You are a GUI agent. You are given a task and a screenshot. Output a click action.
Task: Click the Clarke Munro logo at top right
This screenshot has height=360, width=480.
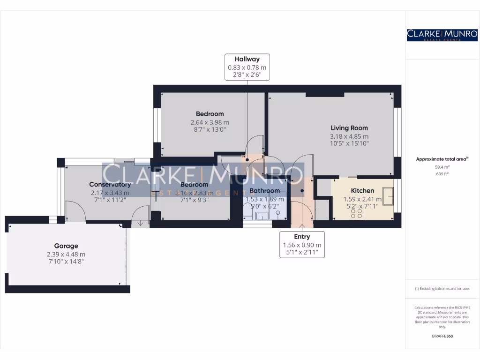442,34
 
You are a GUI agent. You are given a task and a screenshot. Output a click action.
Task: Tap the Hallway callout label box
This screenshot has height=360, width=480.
247,67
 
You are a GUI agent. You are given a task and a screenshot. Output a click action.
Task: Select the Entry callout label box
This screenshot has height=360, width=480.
302,244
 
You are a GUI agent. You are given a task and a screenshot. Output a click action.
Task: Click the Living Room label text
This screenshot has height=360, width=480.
349,128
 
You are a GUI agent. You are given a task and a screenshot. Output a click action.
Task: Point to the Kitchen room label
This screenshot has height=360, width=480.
362,191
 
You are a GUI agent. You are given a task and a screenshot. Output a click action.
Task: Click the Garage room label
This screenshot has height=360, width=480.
66,246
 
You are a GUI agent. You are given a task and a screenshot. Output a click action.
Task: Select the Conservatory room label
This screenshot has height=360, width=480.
110,185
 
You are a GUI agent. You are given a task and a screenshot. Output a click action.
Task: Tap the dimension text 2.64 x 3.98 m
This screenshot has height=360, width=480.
210,122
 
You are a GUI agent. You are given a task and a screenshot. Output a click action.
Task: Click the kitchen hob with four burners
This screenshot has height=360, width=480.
356,213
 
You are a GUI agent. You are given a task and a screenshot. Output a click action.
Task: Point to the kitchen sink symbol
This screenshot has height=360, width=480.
388,194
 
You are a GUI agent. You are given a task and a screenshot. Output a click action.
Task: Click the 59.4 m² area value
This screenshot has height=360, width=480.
442,166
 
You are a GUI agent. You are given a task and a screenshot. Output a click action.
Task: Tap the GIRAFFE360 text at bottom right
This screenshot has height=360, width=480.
442,336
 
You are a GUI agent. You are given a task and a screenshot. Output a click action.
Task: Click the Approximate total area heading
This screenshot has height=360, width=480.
442,159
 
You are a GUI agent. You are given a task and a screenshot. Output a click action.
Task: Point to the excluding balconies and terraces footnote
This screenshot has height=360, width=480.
442,289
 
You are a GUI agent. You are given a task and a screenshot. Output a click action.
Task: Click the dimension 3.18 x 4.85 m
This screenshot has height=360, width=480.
349,136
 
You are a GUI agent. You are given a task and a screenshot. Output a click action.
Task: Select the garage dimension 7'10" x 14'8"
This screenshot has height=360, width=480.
66,262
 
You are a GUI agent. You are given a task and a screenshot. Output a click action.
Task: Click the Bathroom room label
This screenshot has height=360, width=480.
264,191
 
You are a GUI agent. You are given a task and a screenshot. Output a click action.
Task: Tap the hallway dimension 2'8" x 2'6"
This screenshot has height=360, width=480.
247,75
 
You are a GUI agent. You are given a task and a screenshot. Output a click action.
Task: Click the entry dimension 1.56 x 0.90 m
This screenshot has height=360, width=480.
302,245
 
